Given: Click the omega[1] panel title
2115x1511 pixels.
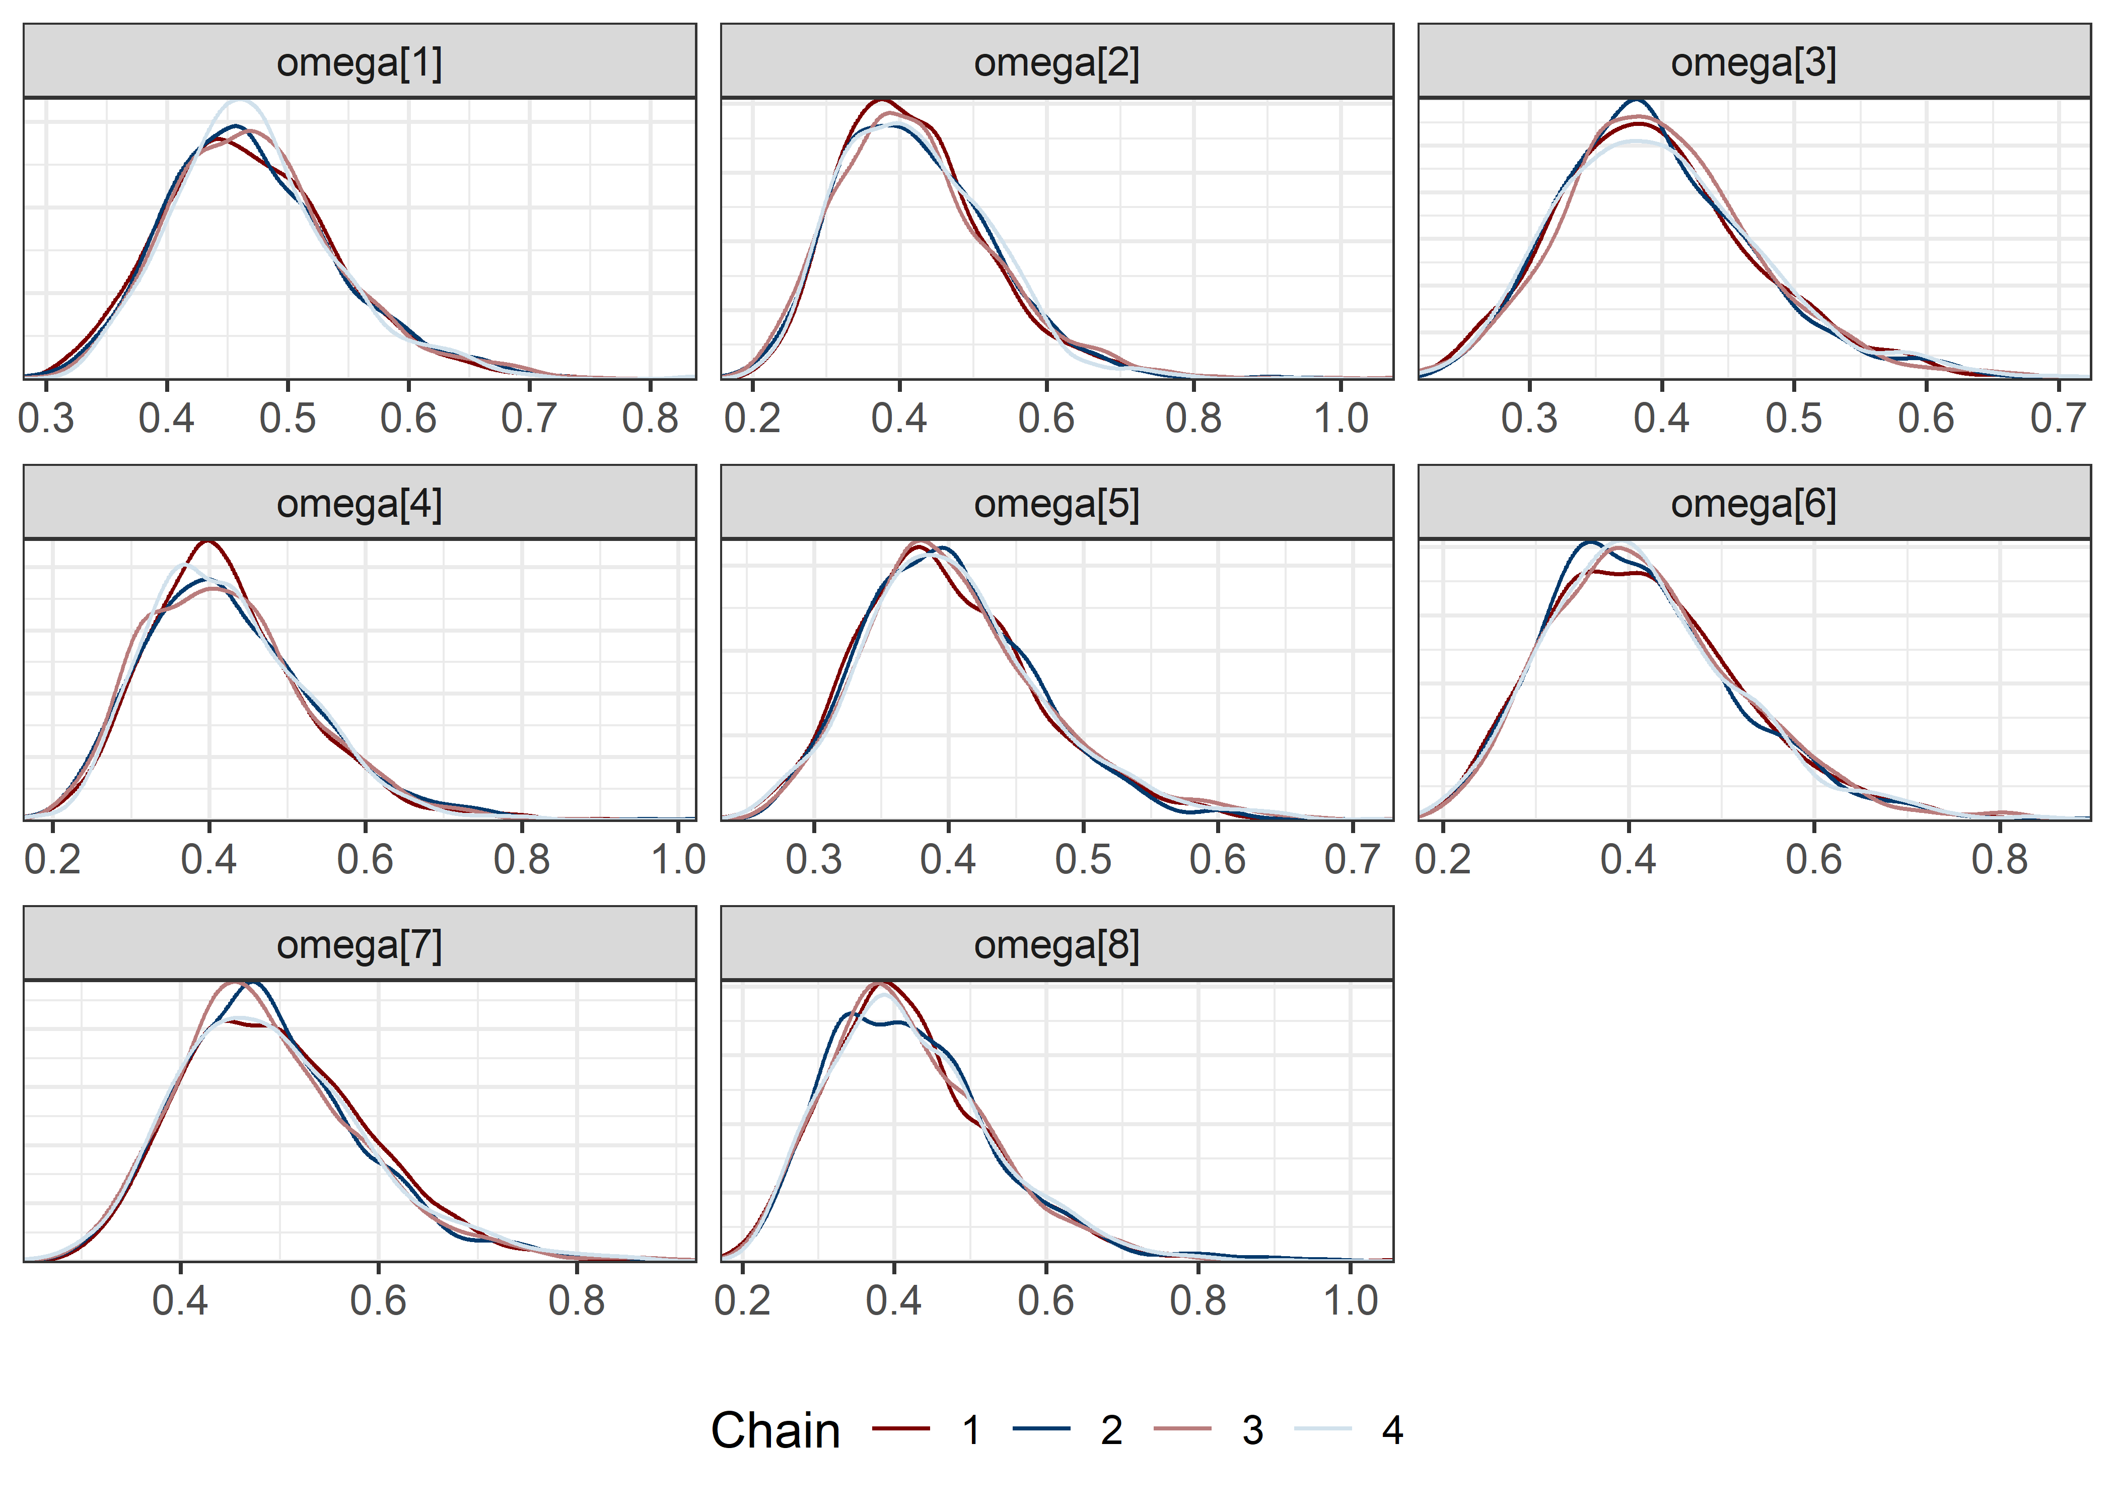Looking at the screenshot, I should point(359,62).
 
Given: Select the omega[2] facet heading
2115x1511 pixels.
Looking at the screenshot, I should point(1056,62).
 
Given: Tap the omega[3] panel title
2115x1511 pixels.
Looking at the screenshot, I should point(1753,62).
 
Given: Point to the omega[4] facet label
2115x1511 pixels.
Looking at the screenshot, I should point(359,503).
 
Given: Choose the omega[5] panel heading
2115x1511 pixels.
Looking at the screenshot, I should point(1056,503).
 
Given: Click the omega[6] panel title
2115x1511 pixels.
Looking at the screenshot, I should point(1753,503).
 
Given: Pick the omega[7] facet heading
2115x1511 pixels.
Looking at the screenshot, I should point(359,944).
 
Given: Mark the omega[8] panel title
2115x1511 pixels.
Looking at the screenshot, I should point(1056,944).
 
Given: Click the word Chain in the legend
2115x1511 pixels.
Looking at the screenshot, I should point(775,1430).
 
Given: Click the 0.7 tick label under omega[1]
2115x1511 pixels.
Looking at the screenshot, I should point(529,419).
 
